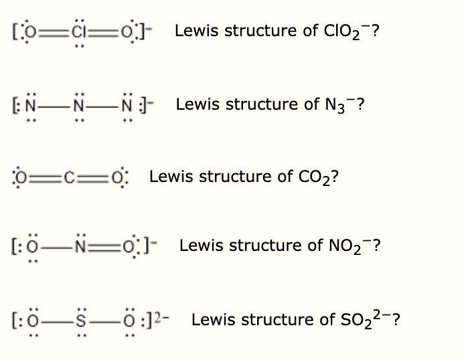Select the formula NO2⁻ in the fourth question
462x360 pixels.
(351, 246)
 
